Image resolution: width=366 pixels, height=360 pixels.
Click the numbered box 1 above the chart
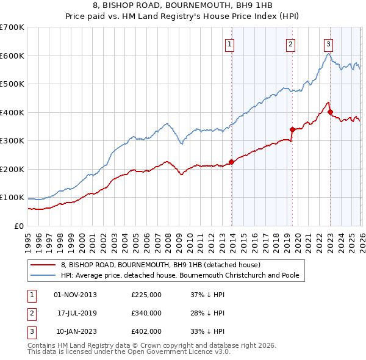coord(229,43)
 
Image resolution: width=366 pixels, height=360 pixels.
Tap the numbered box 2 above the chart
coord(291,43)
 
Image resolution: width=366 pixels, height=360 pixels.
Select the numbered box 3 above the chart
coord(328,43)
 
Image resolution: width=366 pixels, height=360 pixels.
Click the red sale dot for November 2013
coord(231,162)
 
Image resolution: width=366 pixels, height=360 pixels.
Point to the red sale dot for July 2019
coord(292,129)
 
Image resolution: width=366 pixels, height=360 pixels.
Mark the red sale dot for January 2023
coord(330,112)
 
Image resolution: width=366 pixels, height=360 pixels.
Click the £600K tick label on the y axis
coord(12,56)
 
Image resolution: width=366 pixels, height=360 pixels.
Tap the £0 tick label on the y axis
coord(18,226)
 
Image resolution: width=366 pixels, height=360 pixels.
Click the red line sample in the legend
coord(43,265)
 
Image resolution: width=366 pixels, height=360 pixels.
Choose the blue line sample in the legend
coord(43,275)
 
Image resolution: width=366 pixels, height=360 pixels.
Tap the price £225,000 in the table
coord(146,295)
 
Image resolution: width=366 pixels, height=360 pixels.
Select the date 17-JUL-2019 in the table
coord(78,313)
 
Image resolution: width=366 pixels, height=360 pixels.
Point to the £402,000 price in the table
coord(146,331)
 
